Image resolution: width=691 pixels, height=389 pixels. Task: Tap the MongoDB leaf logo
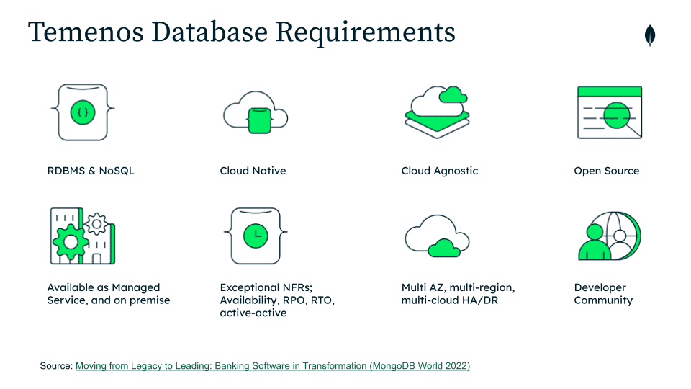(650, 35)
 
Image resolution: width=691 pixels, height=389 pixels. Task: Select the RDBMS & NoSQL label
(91, 171)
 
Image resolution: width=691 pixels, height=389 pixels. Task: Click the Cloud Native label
(253, 171)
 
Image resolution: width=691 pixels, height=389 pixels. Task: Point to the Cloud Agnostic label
(439, 171)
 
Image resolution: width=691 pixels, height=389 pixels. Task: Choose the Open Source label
(606, 171)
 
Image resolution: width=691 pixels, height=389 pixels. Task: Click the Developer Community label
(603, 294)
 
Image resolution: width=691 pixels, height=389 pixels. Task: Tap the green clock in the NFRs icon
(256, 235)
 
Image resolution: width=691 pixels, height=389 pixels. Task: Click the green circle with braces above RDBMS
(83, 112)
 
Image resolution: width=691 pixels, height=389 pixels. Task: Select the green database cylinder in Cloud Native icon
(258, 119)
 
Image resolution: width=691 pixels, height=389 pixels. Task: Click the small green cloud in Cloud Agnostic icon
(453, 94)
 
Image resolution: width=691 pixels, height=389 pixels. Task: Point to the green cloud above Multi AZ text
(444, 247)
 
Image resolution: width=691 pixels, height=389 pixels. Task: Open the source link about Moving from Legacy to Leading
(272, 366)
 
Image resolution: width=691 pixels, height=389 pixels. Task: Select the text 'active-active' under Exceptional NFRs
(253, 313)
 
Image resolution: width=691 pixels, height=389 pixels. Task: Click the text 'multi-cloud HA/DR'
(449, 300)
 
